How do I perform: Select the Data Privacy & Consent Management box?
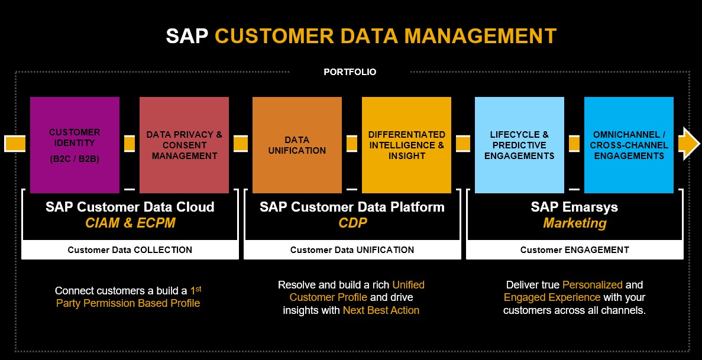tap(184, 145)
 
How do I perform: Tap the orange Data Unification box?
tap(297, 145)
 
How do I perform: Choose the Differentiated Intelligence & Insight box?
tap(406, 145)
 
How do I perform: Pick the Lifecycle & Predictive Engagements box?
tap(519, 145)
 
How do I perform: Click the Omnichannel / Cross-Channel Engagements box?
tap(629, 145)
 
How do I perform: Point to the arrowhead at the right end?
tap(689, 144)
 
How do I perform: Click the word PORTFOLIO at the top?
tap(350, 72)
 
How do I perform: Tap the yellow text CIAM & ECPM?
tap(130, 223)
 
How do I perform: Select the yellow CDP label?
tap(352, 223)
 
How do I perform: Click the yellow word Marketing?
tap(575, 223)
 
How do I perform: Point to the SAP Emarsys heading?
tap(574, 207)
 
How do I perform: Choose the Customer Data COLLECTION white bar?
tap(130, 250)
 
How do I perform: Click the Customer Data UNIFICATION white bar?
tap(352, 250)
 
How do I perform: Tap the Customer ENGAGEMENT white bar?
tap(574, 250)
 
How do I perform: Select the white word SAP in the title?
tap(187, 35)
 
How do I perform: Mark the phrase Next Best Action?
tap(381, 310)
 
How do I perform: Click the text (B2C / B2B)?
tap(75, 159)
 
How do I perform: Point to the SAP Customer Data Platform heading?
tap(352, 207)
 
